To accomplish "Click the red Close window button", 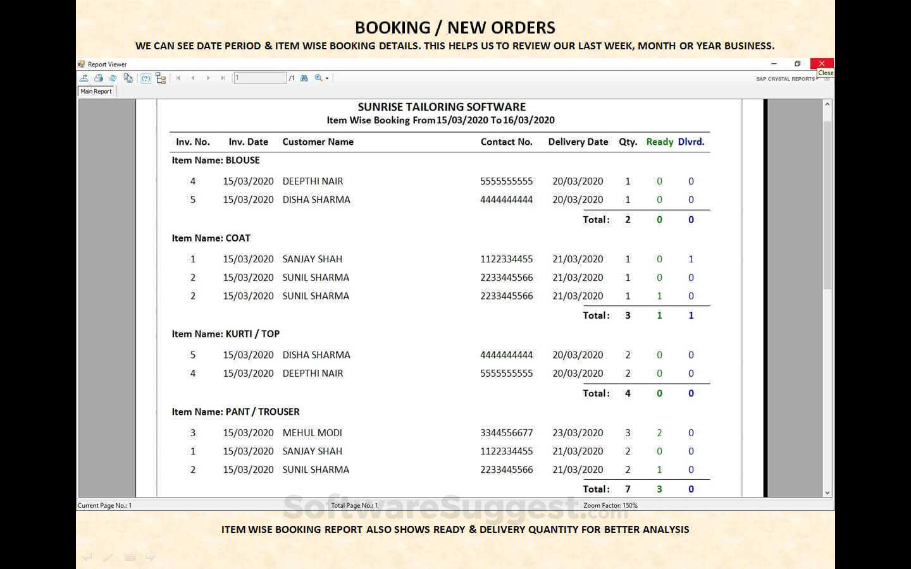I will pos(821,63).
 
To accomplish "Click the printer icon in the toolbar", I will pos(99,78).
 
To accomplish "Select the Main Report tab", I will pos(96,91).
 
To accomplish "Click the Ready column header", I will pos(659,142).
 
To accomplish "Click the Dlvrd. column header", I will pos(691,142).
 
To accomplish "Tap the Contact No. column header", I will pos(506,142).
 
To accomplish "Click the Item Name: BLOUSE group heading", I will pos(216,160).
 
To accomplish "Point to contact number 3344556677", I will pos(506,432).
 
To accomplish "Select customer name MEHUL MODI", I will pos(312,432).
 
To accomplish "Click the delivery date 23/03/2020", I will pos(578,432).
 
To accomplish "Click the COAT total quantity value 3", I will pos(628,315).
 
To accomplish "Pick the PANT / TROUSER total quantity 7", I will pos(628,489).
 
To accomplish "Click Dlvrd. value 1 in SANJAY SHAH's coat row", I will pos(691,259).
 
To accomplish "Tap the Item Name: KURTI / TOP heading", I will pos(226,334).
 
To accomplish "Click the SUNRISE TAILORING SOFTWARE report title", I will pos(442,107).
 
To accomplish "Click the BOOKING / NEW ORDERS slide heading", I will pos(455,27).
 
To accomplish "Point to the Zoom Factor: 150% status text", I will pos(610,505).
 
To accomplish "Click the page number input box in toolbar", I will pos(260,78).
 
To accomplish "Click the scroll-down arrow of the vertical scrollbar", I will pos(827,493).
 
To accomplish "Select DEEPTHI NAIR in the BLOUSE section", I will pos(313,181).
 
